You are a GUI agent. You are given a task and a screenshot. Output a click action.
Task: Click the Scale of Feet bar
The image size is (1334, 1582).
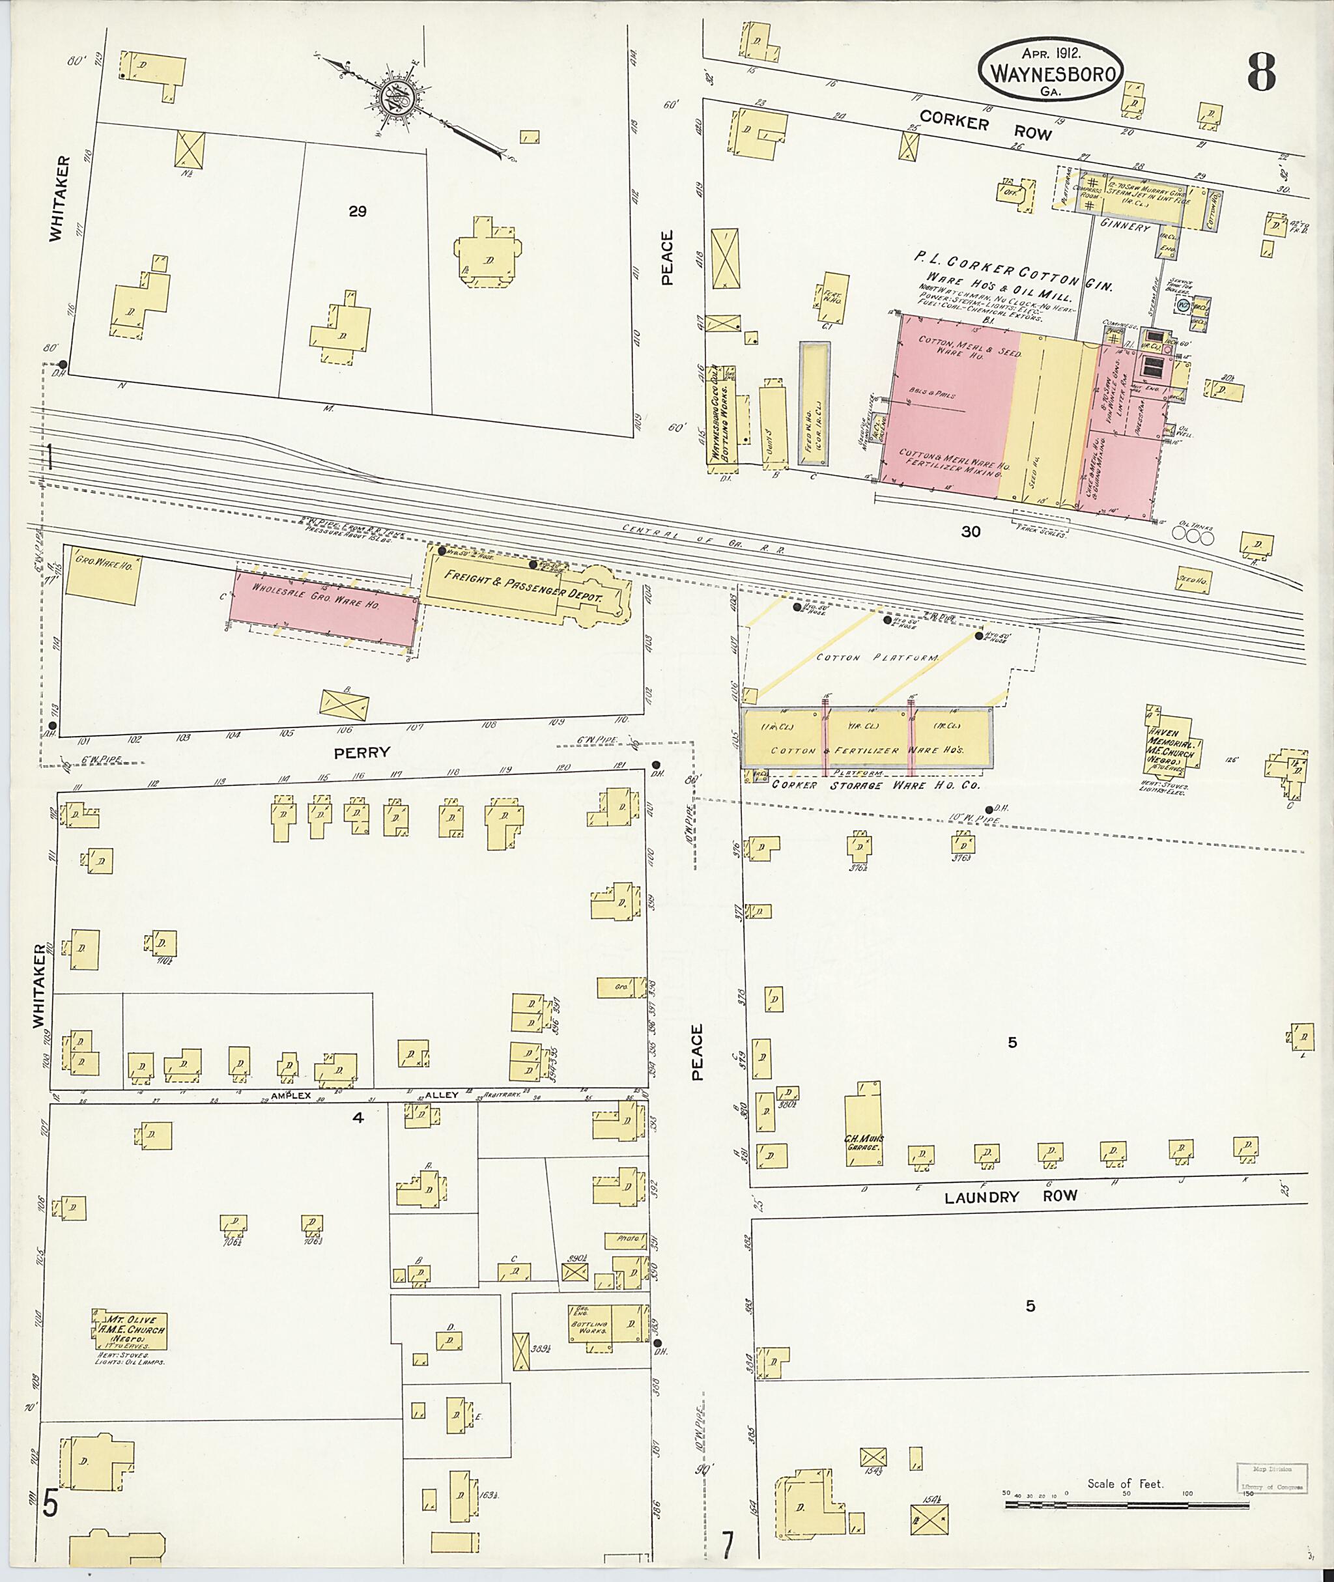pyautogui.click(x=1127, y=1505)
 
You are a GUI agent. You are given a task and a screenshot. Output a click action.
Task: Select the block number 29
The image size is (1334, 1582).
pyautogui.click(x=357, y=212)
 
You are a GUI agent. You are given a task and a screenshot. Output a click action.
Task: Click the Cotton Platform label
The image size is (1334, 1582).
pyautogui.click(x=877, y=658)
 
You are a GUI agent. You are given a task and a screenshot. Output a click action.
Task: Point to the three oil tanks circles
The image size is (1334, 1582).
pyautogui.click(x=1193, y=536)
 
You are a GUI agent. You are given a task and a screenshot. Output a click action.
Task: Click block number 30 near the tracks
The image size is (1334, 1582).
pyautogui.click(x=971, y=531)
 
